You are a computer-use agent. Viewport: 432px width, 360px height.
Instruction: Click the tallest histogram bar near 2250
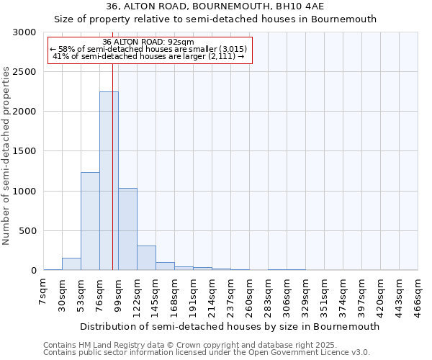pos(109,180)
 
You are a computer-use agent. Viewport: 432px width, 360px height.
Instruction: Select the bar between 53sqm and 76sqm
pos(90,221)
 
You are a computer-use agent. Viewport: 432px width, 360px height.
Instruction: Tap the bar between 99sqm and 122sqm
pos(127,229)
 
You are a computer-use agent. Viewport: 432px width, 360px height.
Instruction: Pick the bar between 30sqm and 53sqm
pos(71,264)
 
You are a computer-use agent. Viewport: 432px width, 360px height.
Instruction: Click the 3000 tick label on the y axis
pos(24,32)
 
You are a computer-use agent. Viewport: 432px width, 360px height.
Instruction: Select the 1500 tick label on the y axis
pos(24,152)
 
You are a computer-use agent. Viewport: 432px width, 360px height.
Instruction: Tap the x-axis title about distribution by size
pos(230,326)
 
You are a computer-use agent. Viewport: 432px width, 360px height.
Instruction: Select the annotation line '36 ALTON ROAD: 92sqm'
pos(148,42)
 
